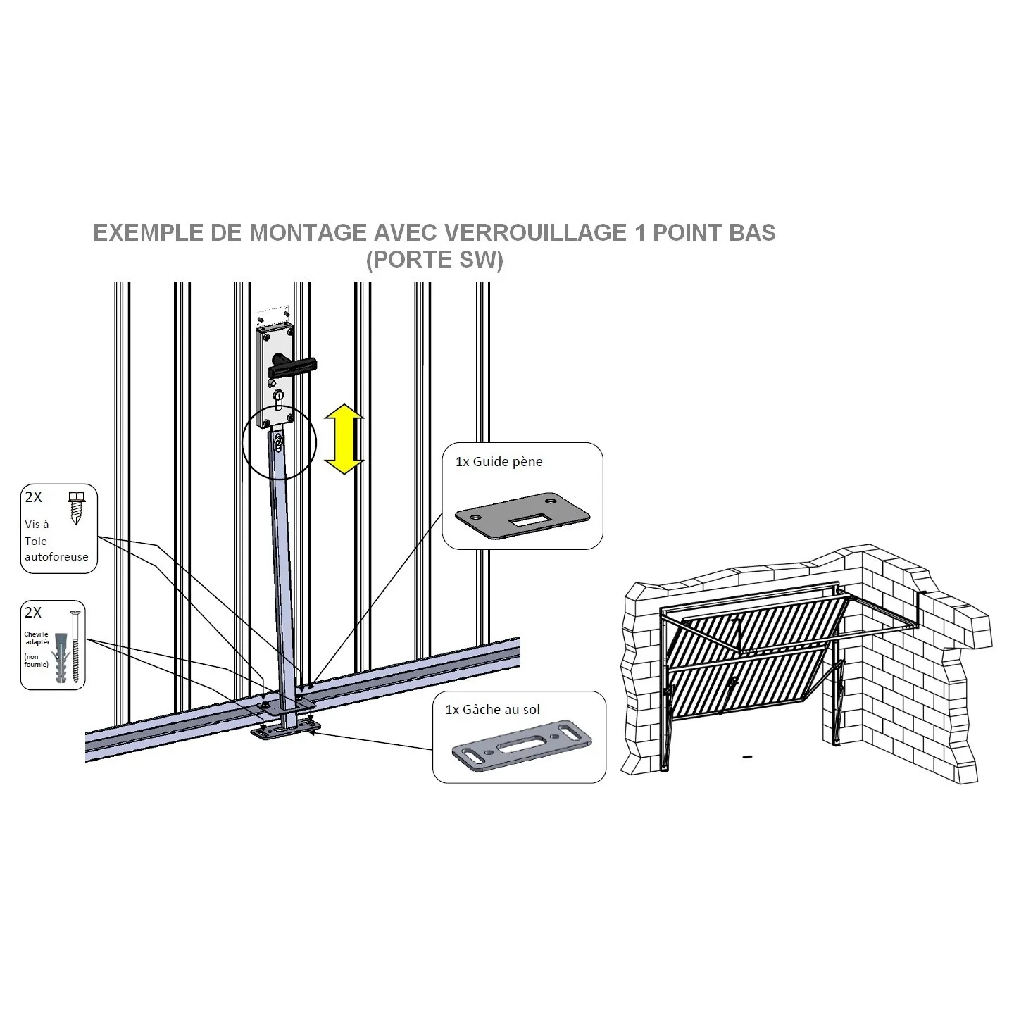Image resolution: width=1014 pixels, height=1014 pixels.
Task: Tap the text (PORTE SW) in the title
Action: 434,259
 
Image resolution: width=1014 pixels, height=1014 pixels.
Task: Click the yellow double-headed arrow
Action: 344,439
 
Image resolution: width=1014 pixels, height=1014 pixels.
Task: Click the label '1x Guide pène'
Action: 499,461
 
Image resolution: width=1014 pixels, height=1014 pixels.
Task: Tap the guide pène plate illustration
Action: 522,516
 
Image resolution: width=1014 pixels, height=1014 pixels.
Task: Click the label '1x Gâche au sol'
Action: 492,710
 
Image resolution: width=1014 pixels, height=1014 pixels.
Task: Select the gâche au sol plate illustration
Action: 522,746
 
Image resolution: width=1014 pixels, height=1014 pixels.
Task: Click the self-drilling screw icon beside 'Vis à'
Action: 77,508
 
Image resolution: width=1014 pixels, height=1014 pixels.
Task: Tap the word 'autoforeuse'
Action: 56,557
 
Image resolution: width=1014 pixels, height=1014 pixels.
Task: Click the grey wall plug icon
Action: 61,658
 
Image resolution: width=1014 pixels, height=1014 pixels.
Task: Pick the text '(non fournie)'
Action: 37,661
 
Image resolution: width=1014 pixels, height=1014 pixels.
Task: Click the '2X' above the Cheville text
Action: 33,613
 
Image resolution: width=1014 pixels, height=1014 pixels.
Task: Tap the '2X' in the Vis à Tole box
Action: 34,496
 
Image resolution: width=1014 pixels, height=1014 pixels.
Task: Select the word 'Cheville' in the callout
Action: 37,634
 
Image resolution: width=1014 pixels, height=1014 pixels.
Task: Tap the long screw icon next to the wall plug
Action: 76,646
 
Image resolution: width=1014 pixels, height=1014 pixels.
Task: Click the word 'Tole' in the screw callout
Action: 36,541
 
